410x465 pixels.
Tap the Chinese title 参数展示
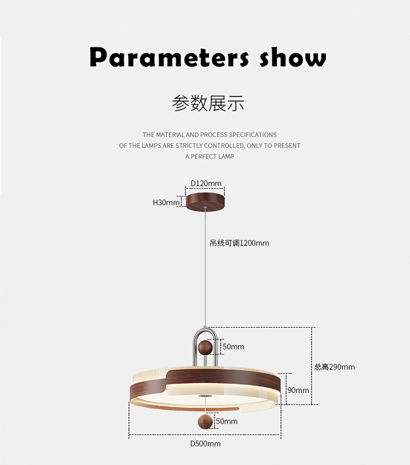coord(208,103)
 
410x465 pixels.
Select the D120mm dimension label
coord(206,183)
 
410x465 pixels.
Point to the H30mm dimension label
coord(166,203)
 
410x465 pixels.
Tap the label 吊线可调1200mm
coord(239,243)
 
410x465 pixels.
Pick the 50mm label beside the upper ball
coord(233,346)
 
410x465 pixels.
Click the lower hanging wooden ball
coord(206,420)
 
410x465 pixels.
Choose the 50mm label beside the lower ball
coord(226,421)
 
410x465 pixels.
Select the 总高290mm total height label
coord(335,367)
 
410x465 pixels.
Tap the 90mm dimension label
coord(298,390)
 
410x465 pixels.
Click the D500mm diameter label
coord(205,444)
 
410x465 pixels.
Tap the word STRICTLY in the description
coord(189,146)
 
